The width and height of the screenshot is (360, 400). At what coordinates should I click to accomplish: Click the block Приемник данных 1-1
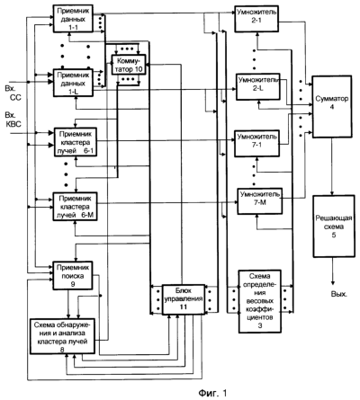coord(73,19)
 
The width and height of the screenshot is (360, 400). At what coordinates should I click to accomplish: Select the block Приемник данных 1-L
coord(73,83)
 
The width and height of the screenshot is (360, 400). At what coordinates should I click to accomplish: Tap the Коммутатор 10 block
coord(129,65)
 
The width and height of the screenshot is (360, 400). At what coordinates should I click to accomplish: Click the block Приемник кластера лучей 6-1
coord(76,142)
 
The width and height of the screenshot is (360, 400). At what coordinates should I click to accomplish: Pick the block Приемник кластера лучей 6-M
coord(76,207)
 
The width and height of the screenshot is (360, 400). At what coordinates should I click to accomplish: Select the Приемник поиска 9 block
coord(73,276)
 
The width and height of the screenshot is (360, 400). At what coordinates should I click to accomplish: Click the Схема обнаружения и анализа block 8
coord(63,336)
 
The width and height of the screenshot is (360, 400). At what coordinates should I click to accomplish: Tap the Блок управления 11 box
coord(184,299)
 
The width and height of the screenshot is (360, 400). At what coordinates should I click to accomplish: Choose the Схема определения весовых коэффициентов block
coord(260,301)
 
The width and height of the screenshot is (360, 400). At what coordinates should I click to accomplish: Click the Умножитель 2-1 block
coord(256,19)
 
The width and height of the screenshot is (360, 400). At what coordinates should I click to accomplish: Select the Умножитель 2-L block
coord(258,86)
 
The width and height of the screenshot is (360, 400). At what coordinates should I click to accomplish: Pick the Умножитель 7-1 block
coord(257,143)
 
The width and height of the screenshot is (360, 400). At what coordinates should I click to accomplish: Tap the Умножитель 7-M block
coord(260,201)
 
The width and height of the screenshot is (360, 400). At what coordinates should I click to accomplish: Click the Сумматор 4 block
coord(332,107)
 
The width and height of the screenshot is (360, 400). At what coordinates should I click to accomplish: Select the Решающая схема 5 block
coord(334,227)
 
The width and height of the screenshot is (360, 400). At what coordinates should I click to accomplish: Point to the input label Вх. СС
coord(13,93)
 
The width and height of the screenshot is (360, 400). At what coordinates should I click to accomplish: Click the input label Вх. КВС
coord(13,120)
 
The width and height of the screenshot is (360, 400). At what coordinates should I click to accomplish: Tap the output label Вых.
coord(339,294)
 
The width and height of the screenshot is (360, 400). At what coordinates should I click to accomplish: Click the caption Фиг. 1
coord(212,393)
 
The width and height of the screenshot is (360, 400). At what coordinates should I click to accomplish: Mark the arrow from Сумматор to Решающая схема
coord(332,166)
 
